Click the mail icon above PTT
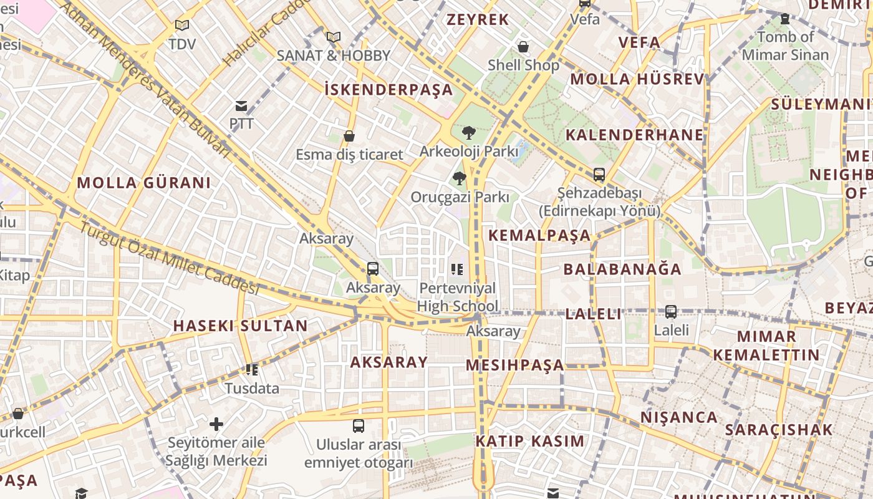(241, 106)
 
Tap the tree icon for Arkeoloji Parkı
(468, 133)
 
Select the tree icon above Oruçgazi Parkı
(460, 179)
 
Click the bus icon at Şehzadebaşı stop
(599, 175)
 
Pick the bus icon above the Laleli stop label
(671, 311)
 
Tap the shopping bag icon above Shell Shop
(523, 47)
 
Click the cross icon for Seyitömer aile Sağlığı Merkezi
(216, 425)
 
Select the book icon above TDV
(181, 26)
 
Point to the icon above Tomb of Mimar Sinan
(785, 19)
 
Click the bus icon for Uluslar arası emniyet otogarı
(359, 426)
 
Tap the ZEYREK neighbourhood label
(478, 19)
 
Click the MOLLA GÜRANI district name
(144, 183)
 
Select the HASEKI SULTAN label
(240, 326)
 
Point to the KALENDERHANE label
(634, 135)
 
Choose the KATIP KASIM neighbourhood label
(530, 441)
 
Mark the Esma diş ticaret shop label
(349, 154)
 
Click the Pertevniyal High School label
(458, 297)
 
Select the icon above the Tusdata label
(252, 370)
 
